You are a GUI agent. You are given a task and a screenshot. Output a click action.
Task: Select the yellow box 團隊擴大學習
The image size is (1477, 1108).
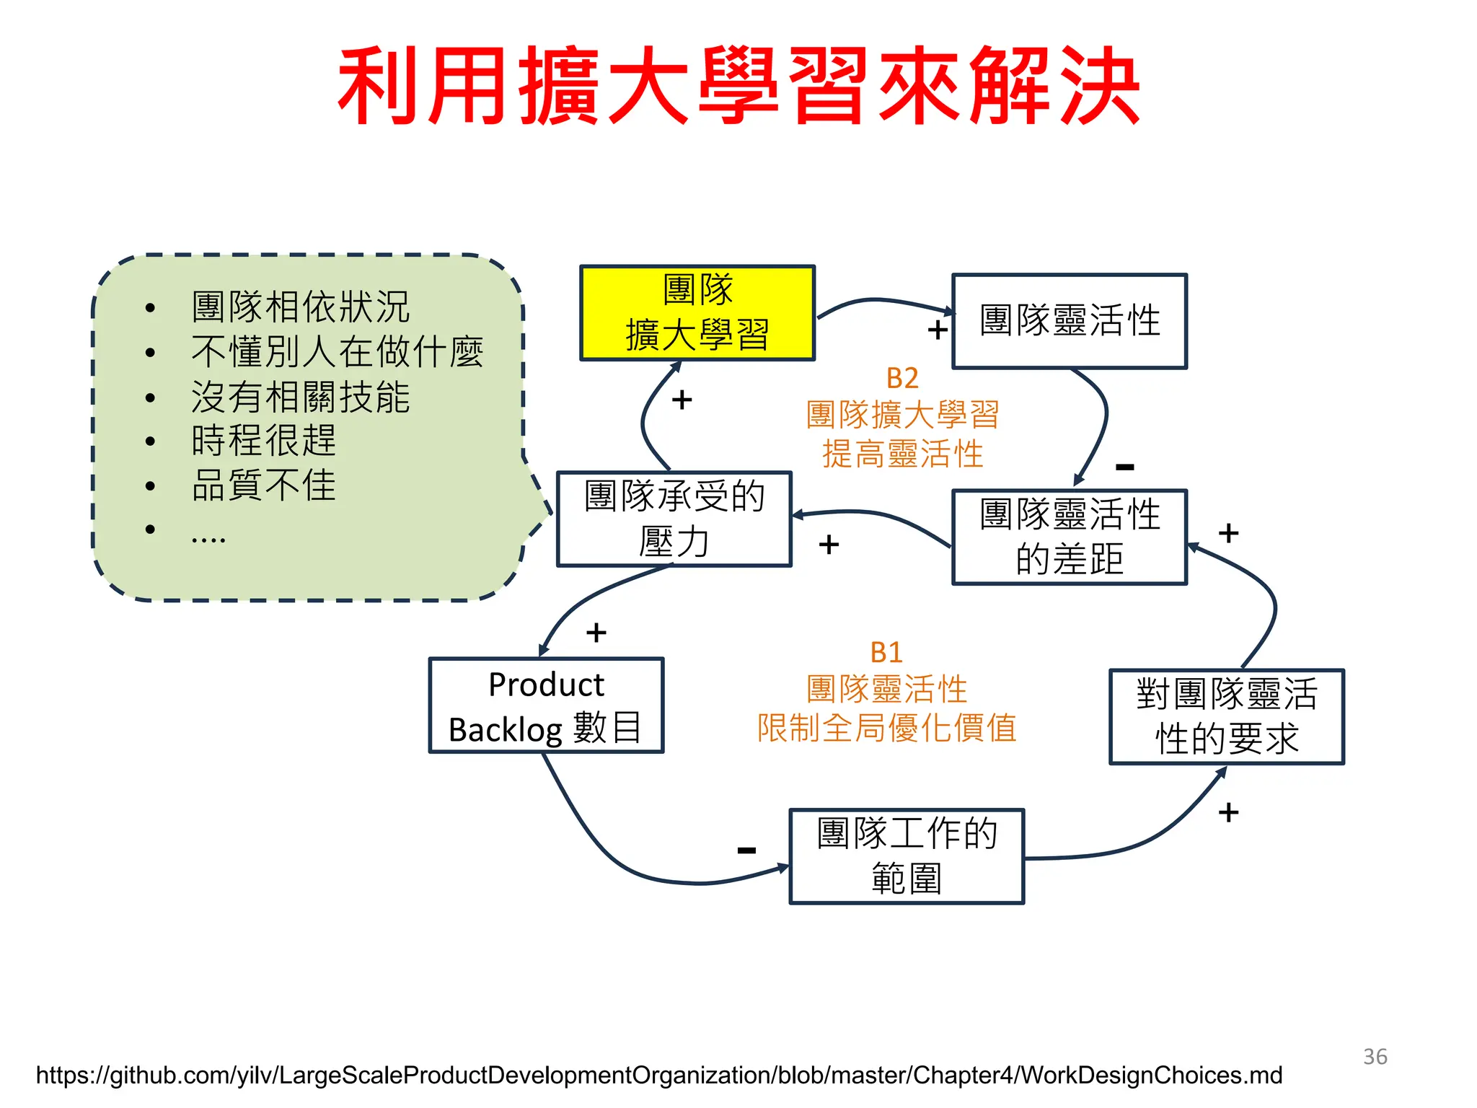pyautogui.click(x=697, y=313)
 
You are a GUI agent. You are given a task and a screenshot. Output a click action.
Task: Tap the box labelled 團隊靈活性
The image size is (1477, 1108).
pyautogui.click(x=1069, y=321)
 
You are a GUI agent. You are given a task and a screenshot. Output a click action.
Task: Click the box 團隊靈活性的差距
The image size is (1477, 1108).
pyautogui.click(x=1069, y=537)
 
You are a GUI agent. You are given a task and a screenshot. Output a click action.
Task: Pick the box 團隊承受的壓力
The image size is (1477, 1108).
pyautogui.click(x=674, y=519)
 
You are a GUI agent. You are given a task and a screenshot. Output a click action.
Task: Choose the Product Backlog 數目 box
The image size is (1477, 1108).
pyautogui.click(x=546, y=705)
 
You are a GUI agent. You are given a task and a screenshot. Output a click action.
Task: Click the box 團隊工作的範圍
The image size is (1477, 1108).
pyautogui.click(x=907, y=856)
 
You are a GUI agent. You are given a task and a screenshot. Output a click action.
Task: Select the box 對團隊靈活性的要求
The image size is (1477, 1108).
pyautogui.click(x=1226, y=716)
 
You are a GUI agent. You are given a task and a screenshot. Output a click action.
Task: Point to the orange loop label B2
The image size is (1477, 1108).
pyautogui.click(x=901, y=379)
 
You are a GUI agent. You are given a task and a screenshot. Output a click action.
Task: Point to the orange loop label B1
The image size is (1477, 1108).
pyautogui.click(x=886, y=653)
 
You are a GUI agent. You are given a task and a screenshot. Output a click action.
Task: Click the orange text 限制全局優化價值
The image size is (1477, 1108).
pyautogui.click(x=886, y=728)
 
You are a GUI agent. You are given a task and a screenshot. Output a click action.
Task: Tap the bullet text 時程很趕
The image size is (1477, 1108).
pyautogui.click(x=263, y=440)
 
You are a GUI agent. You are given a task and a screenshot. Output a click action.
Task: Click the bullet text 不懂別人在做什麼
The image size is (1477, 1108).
pyautogui.click(x=337, y=352)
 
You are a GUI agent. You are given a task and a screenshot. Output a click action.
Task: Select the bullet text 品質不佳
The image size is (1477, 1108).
pyautogui.click(x=263, y=485)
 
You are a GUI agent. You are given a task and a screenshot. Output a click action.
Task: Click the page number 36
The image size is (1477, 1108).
pyautogui.click(x=1375, y=1057)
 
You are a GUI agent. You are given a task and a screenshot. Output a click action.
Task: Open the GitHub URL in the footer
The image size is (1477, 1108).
pyautogui.click(x=658, y=1076)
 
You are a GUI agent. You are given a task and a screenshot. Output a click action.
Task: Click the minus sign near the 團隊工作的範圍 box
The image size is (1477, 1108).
pyautogui.click(x=746, y=850)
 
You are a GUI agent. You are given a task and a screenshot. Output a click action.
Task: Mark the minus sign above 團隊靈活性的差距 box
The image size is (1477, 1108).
pyautogui.click(x=1124, y=467)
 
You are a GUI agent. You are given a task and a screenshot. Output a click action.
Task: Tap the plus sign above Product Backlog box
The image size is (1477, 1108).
pyautogui.click(x=596, y=633)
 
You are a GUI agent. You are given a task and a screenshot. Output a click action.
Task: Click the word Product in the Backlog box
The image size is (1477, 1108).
pyautogui.click(x=546, y=685)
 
